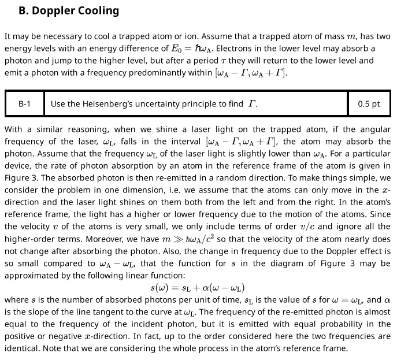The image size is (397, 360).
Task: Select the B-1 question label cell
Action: click(24, 104)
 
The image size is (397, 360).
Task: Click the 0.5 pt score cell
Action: click(369, 104)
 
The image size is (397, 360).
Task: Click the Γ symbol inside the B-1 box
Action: click(252, 104)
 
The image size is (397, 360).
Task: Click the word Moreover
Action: click(23, 239)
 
